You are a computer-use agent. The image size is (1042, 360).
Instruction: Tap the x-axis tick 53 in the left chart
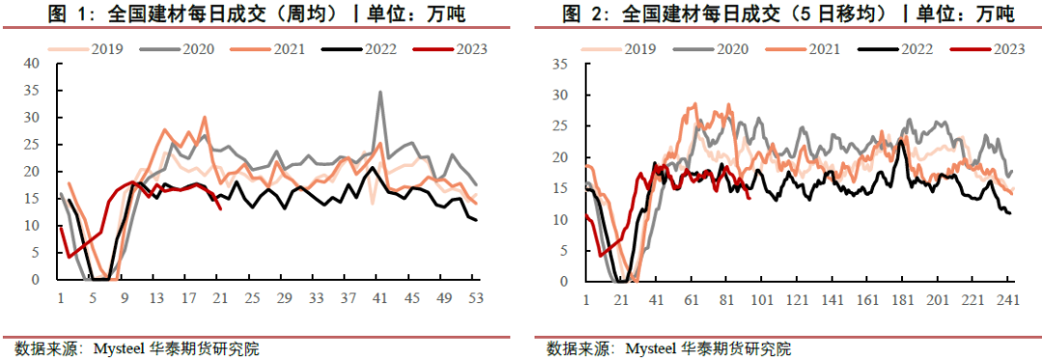coord(476,298)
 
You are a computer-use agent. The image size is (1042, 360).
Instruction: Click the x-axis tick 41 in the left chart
coord(380,298)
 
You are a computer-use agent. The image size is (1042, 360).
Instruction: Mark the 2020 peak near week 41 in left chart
coord(380,93)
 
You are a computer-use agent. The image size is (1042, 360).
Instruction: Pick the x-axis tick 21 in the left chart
coord(220,298)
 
